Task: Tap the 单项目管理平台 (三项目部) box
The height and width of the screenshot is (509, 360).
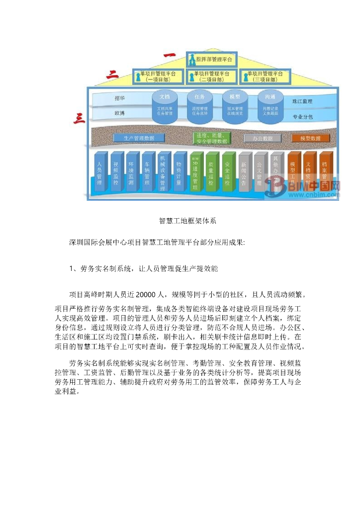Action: [x=265, y=76]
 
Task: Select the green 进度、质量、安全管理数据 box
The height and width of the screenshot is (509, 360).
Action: [x=211, y=138]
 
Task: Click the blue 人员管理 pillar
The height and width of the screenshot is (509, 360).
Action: [x=100, y=171]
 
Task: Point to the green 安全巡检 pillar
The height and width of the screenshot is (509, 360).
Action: [x=227, y=171]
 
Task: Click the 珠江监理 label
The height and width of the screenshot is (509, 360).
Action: [x=302, y=101]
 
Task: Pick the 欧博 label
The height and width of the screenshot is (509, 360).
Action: [x=119, y=114]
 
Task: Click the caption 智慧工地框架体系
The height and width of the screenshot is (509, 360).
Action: [x=187, y=220]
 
